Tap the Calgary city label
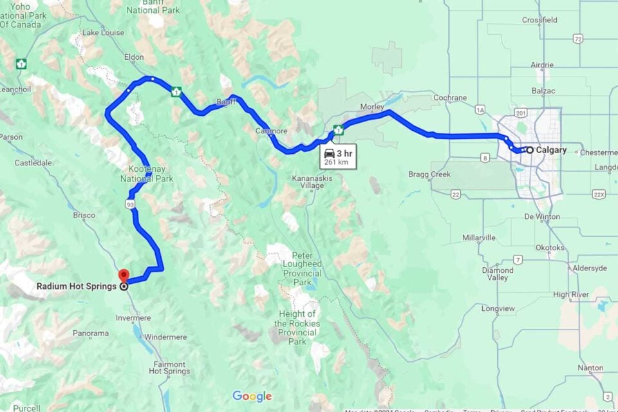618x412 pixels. pos(551,150)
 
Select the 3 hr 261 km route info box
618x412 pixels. pos(338,156)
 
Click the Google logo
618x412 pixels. pos(252,396)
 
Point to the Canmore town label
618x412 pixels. pos(272,131)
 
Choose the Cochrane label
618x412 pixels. pos(451,98)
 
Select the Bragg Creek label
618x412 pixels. pos(429,174)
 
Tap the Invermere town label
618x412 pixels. pos(134,318)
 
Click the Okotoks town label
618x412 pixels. pos(549,247)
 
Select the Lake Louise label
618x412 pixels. pos(103,33)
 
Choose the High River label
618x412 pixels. pos(571,295)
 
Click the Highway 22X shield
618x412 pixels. pos(599,194)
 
